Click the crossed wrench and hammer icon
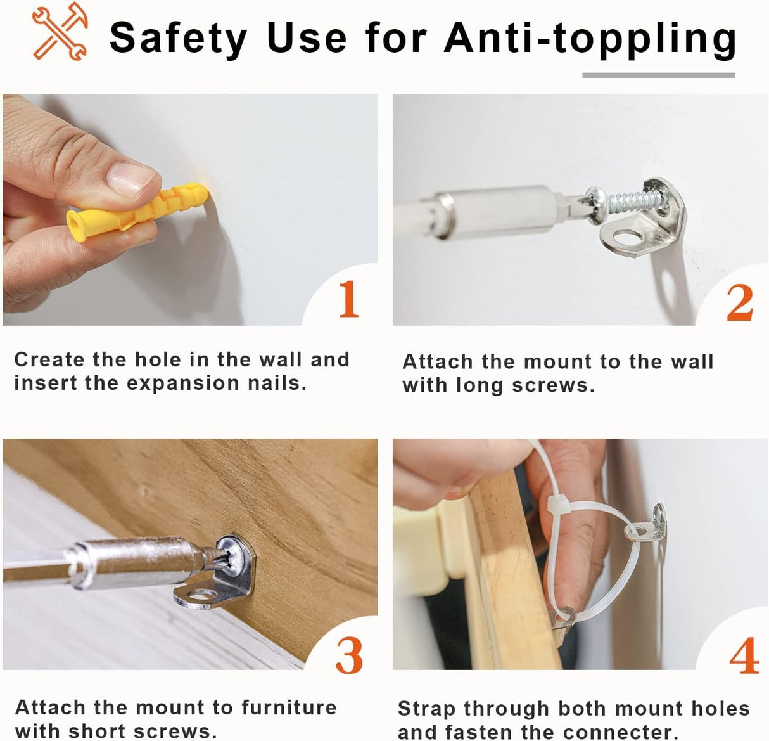point(60,32)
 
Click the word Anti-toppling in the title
point(590,39)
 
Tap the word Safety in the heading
point(178,39)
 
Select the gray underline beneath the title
point(658,75)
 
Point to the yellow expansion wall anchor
point(136,211)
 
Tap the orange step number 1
point(349,299)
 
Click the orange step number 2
point(740,303)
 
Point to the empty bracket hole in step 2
point(630,238)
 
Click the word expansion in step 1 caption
point(183,383)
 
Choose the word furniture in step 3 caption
point(289,708)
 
